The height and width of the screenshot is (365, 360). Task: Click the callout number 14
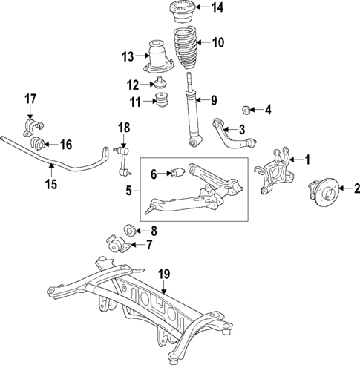[x=216, y=9]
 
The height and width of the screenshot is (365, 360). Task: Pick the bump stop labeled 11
[x=162, y=102]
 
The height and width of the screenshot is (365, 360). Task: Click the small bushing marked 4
[x=248, y=110]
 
